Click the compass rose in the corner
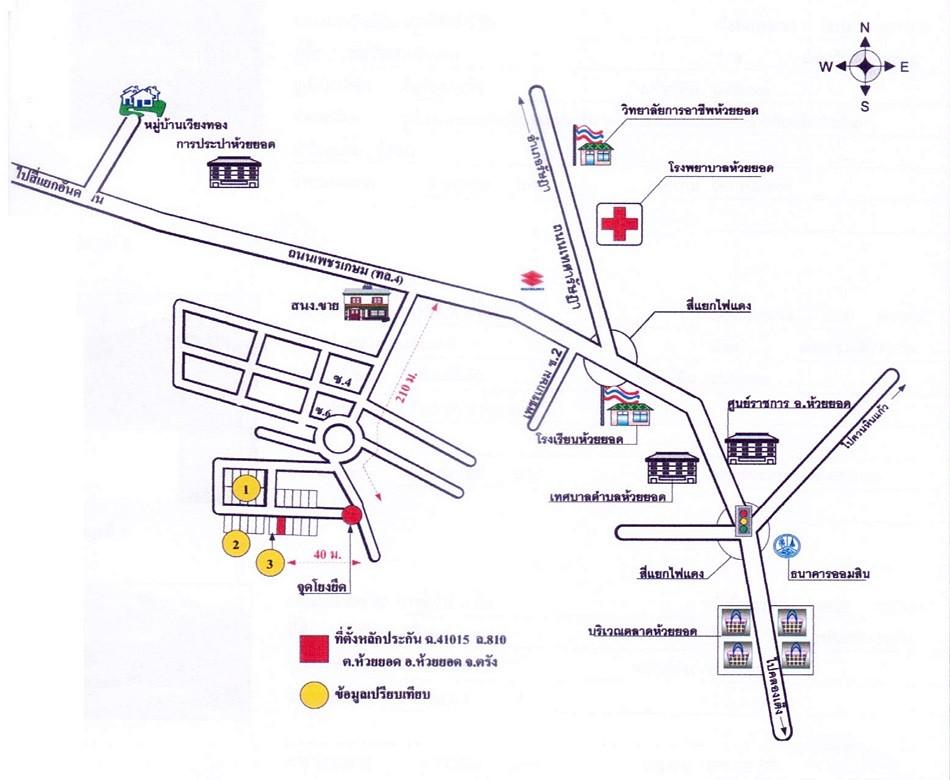pos(865,67)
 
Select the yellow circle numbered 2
pos(234,544)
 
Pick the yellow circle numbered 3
pos(270,563)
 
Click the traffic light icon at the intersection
pos(743,520)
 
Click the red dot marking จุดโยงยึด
pos(352,515)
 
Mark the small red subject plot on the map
pos(282,525)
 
